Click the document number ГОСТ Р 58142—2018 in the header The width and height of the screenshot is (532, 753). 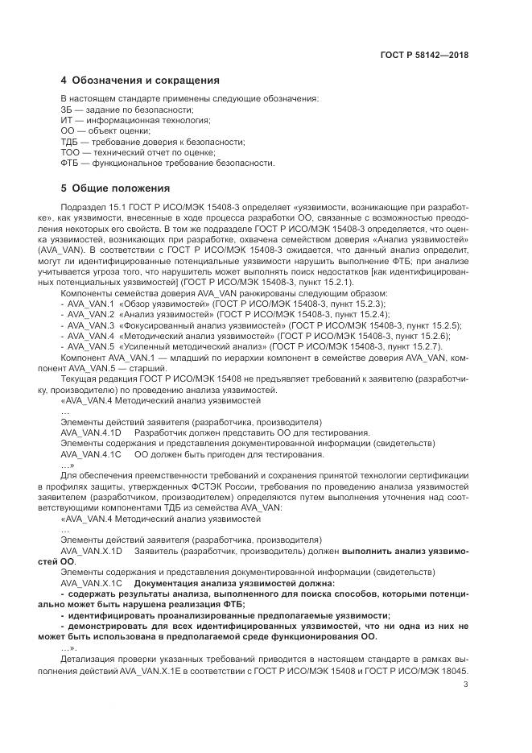(x=424, y=56)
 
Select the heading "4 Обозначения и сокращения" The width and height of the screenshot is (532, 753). (x=141, y=81)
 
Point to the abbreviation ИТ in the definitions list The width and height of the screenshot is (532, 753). (x=66, y=120)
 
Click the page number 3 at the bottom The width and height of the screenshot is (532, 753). (x=466, y=685)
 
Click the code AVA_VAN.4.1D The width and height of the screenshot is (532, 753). (x=90, y=432)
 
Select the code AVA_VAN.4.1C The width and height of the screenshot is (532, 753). (x=90, y=453)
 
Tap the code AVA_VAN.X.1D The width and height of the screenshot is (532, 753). (x=90, y=550)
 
